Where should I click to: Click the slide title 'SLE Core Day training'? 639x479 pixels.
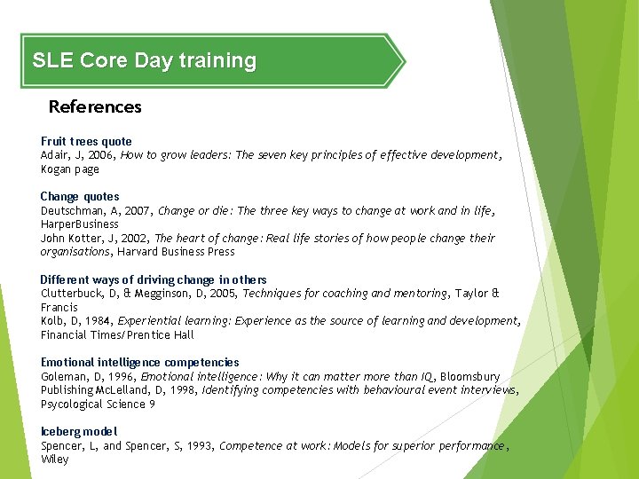coord(144,61)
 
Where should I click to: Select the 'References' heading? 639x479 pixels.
coord(95,107)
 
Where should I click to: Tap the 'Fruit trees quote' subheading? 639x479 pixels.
coord(86,141)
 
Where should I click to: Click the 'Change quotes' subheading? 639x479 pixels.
coord(80,196)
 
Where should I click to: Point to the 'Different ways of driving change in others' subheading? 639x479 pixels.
coord(154,279)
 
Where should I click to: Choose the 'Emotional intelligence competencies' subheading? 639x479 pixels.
coord(140,362)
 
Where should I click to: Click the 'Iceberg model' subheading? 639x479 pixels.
coord(79,431)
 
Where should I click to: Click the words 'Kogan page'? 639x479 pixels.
coord(70,169)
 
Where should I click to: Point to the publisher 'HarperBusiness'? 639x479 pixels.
coord(80,224)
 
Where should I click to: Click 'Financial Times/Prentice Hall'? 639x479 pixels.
coord(117,335)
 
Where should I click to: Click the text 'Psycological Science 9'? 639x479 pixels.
coord(99,404)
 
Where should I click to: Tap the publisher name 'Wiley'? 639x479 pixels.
coord(55,459)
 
